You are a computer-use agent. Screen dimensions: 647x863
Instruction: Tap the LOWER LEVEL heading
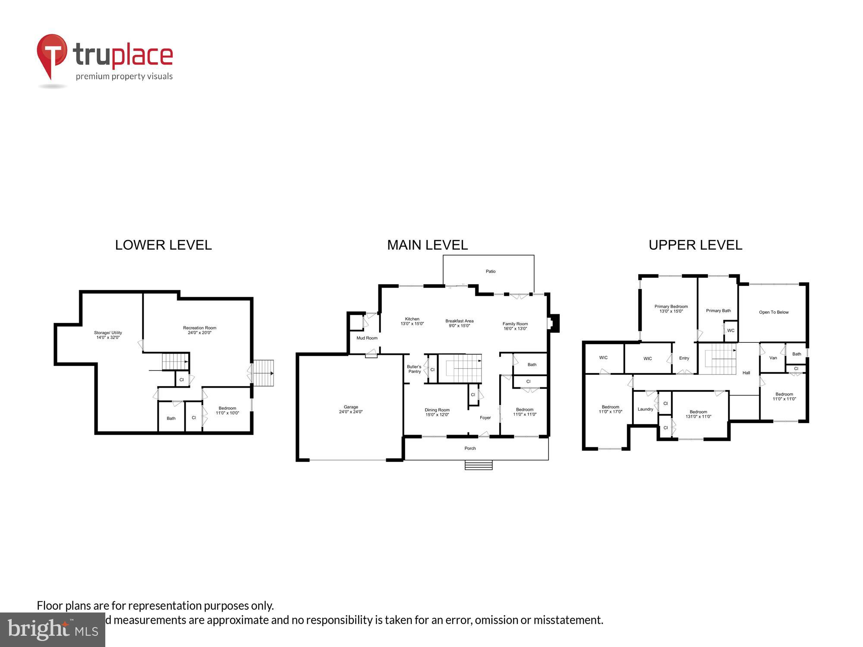click(163, 245)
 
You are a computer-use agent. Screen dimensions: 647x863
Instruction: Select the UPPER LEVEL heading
click(695, 245)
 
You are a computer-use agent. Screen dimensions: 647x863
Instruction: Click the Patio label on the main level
click(491, 271)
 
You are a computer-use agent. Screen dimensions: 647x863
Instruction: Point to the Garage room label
click(351, 407)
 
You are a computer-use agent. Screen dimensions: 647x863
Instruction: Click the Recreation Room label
click(199, 328)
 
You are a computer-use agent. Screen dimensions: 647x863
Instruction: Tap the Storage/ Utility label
click(108, 333)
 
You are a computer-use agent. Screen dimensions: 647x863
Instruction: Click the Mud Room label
click(367, 338)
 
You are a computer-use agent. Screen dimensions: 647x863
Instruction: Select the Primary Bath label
click(718, 311)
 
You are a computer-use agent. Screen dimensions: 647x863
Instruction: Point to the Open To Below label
click(774, 312)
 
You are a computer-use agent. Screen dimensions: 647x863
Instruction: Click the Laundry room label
click(646, 409)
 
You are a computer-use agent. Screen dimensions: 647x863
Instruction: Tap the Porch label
click(470, 448)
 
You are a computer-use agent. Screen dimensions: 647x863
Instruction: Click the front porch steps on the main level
click(479, 465)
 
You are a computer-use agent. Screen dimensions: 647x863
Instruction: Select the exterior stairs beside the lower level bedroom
click(263, 373)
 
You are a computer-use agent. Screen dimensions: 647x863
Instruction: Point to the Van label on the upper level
click(773, 358)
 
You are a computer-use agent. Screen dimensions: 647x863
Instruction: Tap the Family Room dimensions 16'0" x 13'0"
click(515, 329)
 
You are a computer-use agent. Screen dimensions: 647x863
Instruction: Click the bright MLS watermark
click(53, 630)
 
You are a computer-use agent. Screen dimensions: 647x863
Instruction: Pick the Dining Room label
click(437, 410)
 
